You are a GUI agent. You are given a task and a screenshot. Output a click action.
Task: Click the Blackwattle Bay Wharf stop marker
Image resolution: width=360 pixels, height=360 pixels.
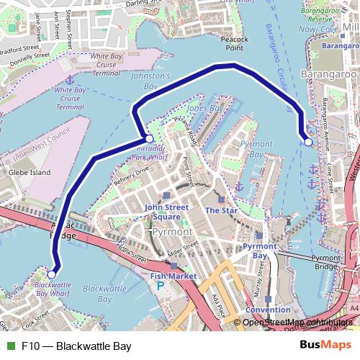52,274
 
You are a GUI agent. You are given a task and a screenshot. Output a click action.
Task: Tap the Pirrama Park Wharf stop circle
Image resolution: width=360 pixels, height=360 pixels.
148,138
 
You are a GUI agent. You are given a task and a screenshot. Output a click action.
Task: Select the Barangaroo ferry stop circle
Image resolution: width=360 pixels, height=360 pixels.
308,142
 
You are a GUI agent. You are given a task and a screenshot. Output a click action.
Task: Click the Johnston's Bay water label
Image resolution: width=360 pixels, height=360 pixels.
156,81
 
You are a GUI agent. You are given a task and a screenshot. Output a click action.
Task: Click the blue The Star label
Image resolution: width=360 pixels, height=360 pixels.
221,210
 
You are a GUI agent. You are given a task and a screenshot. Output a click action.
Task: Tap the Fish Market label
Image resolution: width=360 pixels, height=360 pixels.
174,275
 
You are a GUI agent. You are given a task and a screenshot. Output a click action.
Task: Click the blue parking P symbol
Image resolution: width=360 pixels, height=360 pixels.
161,285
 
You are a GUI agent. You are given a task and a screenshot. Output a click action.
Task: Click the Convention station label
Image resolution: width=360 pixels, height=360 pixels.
268,310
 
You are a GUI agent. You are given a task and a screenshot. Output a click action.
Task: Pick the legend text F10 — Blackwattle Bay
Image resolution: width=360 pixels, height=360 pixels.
73,346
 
